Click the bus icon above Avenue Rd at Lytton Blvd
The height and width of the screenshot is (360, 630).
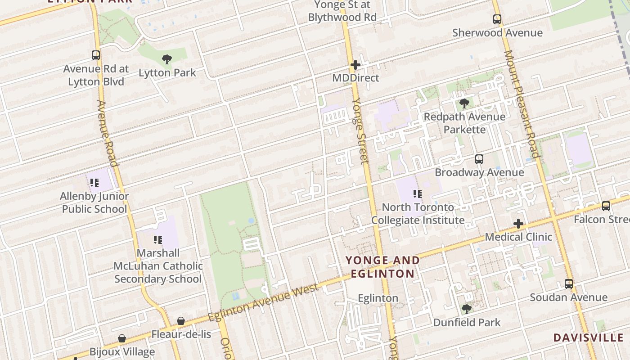pos(96,55)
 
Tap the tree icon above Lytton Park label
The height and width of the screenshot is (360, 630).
pos(167,59)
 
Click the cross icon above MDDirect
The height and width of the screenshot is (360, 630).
pos(355,65)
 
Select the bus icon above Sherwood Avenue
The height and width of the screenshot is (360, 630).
pos(497,19)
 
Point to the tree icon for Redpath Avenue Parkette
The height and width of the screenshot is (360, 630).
pos(464,103)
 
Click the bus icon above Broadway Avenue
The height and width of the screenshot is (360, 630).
pos(479,159)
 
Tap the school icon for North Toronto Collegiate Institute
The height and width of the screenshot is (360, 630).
pos(418,194)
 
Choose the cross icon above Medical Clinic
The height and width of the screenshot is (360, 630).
pos(518,224)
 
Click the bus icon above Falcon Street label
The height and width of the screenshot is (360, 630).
pos(606,206)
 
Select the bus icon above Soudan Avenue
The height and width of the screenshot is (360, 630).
pos(569,284)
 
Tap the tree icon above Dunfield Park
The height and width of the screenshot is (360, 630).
pos(467,309)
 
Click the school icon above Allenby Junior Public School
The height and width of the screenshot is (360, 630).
pos(94,183)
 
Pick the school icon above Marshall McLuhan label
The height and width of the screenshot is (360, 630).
pos(157,239)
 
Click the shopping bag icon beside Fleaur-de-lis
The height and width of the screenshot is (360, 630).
pos(181,321)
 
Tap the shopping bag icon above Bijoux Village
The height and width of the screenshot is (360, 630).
pos(122,338)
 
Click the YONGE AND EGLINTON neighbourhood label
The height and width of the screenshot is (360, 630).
pos(382,267)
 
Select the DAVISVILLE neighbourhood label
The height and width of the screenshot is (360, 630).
pos(588,337)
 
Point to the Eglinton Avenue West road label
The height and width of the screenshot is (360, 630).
pos(264,303)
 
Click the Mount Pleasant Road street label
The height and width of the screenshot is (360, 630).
pos(522,103)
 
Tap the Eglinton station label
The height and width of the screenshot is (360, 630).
pos(378,298)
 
